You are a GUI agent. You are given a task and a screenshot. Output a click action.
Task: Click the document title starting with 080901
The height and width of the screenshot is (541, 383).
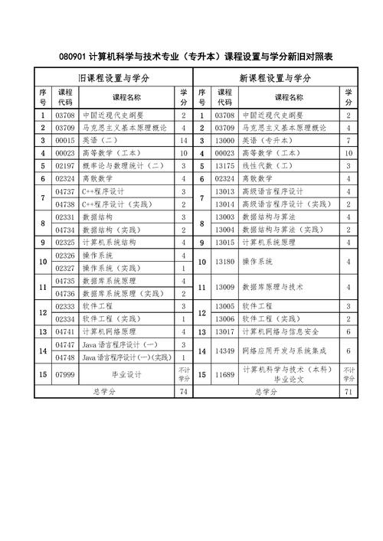coord(191,57)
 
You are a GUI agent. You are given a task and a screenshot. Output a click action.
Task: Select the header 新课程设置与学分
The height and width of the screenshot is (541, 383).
coord(275,78)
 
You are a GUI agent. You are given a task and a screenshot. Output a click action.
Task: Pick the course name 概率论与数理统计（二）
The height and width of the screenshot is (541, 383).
coord(123,166)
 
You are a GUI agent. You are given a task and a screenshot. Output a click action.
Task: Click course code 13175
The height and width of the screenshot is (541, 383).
coord(224,166)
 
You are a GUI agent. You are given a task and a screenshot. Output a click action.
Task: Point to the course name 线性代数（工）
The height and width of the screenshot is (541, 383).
coord(267,166)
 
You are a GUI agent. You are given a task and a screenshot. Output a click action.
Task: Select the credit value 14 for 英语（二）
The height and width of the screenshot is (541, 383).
coord(184,141)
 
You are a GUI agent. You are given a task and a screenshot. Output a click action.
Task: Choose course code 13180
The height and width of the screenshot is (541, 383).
coord(224,262)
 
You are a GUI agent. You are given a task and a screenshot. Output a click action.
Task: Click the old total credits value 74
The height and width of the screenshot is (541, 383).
coord(184,392)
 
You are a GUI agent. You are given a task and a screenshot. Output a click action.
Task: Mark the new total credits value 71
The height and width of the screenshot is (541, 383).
coord(349,392)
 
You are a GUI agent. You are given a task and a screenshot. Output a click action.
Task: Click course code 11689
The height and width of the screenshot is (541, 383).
coord(224,375)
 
